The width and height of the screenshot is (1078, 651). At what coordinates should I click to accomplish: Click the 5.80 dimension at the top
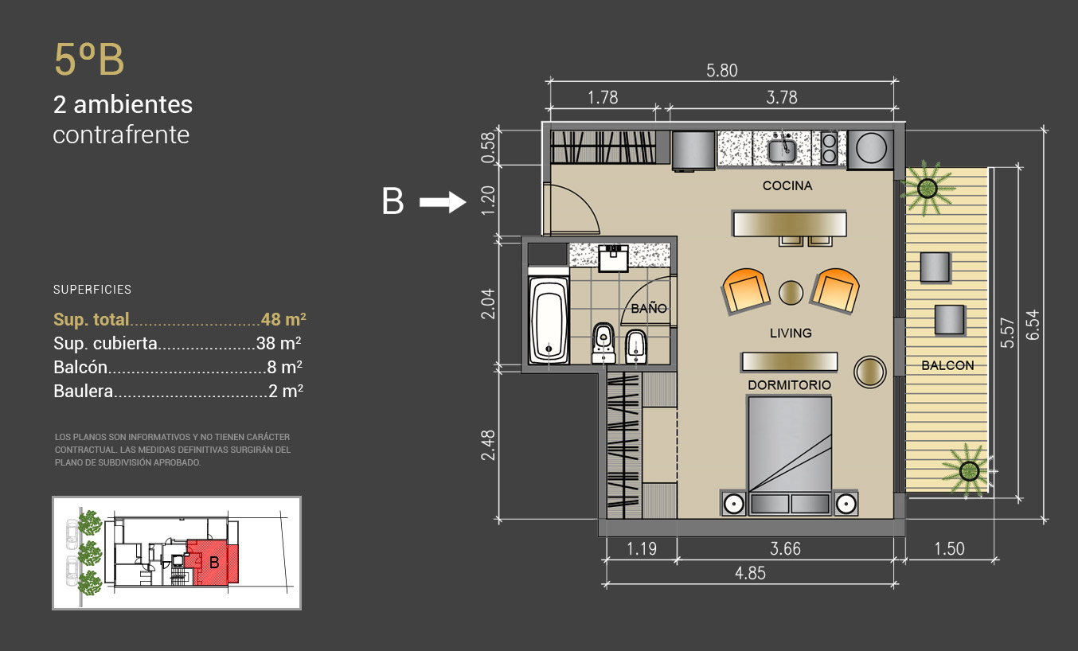721,71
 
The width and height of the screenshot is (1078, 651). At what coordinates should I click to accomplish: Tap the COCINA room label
787,185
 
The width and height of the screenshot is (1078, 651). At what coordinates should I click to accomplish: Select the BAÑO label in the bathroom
649,309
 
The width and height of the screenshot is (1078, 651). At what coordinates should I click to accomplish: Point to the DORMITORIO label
789,385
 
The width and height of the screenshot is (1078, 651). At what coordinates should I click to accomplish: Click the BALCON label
947,365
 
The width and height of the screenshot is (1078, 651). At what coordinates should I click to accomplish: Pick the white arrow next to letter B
443,202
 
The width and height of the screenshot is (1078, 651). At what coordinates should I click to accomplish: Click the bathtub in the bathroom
549,321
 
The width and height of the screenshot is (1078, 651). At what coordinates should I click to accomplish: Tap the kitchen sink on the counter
782,150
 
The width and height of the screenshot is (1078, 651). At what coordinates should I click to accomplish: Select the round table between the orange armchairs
791,293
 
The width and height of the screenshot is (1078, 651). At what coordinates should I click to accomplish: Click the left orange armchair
744,291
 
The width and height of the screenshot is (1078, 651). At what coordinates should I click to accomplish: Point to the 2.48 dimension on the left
488,445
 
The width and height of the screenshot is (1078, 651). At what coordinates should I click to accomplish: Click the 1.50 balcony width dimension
949,549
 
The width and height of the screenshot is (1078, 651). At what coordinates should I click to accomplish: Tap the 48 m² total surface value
283,319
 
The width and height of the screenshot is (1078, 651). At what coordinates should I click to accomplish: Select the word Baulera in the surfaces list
84,392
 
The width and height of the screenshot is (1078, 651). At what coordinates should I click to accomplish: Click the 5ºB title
89,59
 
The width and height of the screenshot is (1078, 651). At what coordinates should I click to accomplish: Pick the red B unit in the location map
214,562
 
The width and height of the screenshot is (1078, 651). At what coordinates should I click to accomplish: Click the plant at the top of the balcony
927,188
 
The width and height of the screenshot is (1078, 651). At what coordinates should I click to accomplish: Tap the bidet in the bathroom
635,346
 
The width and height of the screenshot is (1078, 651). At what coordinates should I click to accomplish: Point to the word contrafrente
121,134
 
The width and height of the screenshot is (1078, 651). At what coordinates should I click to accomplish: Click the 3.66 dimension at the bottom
785,549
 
